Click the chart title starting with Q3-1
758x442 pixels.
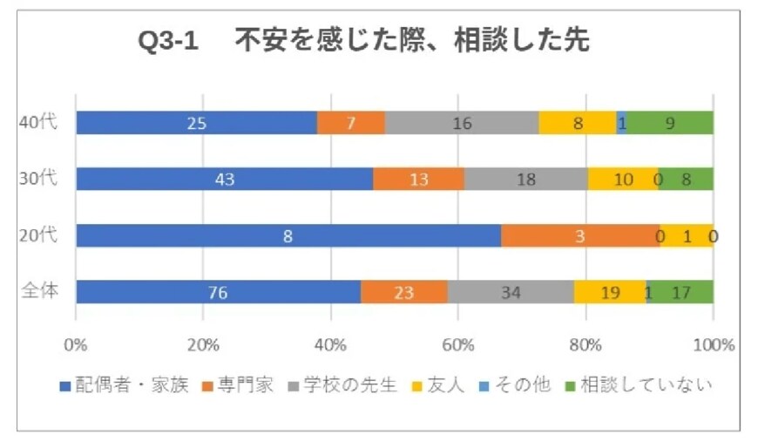363,42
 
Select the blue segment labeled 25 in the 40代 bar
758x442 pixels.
196,123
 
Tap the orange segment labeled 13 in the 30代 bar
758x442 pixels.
418,180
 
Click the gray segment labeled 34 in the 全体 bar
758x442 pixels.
511,292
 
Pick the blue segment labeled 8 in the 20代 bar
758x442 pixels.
288,235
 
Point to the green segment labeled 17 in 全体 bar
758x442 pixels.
680,292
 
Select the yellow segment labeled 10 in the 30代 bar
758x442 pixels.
622,180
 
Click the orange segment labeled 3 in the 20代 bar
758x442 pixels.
579,235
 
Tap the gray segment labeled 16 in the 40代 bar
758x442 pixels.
462,123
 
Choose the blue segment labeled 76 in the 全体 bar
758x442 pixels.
218,292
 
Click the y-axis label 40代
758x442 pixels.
38,122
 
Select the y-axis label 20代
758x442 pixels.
38,235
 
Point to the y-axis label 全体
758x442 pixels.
38,291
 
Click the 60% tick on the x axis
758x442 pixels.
458,343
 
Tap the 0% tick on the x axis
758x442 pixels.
76,343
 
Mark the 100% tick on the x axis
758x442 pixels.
713,343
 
